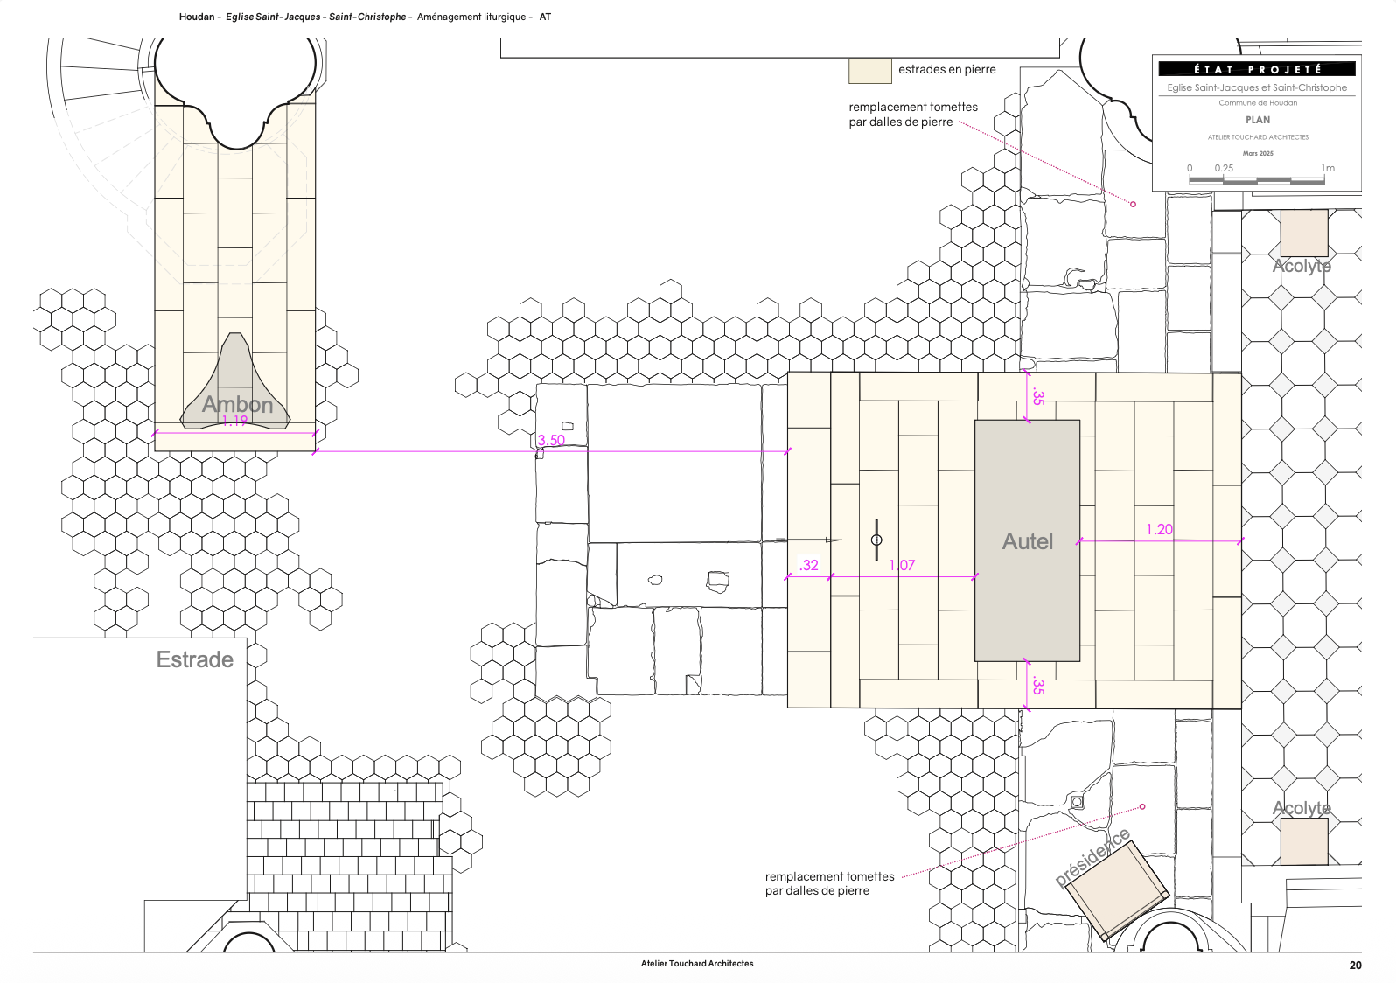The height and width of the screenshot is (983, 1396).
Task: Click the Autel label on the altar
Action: click(x=1027, y=541)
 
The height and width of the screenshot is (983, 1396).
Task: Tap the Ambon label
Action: click(x=237, y=404)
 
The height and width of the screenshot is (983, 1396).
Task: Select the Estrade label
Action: click(x=194, y=659)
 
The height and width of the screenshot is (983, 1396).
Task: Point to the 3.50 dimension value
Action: click(x=551, y=440)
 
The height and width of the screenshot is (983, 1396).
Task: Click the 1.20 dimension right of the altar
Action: click(x=1159, y=529)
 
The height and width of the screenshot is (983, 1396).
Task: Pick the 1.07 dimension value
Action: click(x=902, y=565)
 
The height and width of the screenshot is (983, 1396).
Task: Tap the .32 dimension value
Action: click(x=808, y=565)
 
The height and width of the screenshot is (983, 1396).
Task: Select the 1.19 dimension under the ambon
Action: click(x=234, y=422)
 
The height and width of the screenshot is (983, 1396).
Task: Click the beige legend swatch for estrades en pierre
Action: click(x=870, y=70)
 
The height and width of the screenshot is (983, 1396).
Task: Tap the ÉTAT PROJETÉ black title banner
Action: click(x=1256, y=69)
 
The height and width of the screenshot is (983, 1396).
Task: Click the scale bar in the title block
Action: click(x=1257, y=180)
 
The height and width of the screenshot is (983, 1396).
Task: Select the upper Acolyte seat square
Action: click(x=1304, y=233)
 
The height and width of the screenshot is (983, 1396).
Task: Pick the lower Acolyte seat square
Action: click(x=1304, y=841)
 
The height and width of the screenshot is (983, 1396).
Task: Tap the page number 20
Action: click(x=1356, y=965)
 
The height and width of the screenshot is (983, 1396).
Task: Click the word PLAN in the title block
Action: click(x=1258, y=120)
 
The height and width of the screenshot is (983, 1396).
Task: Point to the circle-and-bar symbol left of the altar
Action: click(x=876, y=540)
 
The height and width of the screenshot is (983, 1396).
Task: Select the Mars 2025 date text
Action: click(x=1258, y=153)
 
